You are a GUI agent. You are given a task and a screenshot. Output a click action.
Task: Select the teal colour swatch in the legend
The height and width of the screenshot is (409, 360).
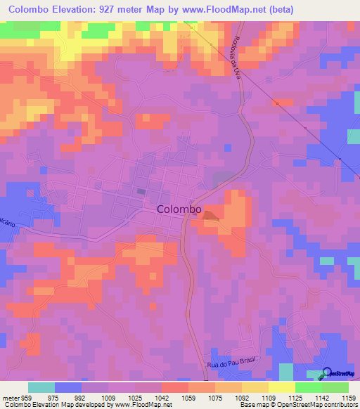click(x=41, y=387)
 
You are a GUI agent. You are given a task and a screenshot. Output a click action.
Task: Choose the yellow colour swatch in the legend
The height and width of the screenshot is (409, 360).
click(x=281, y=387)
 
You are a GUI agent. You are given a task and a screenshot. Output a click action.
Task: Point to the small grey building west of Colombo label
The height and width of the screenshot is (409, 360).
click(x=141, y=190)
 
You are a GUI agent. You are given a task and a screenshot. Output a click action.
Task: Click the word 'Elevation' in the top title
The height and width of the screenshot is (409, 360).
click(x=78, y=10)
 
